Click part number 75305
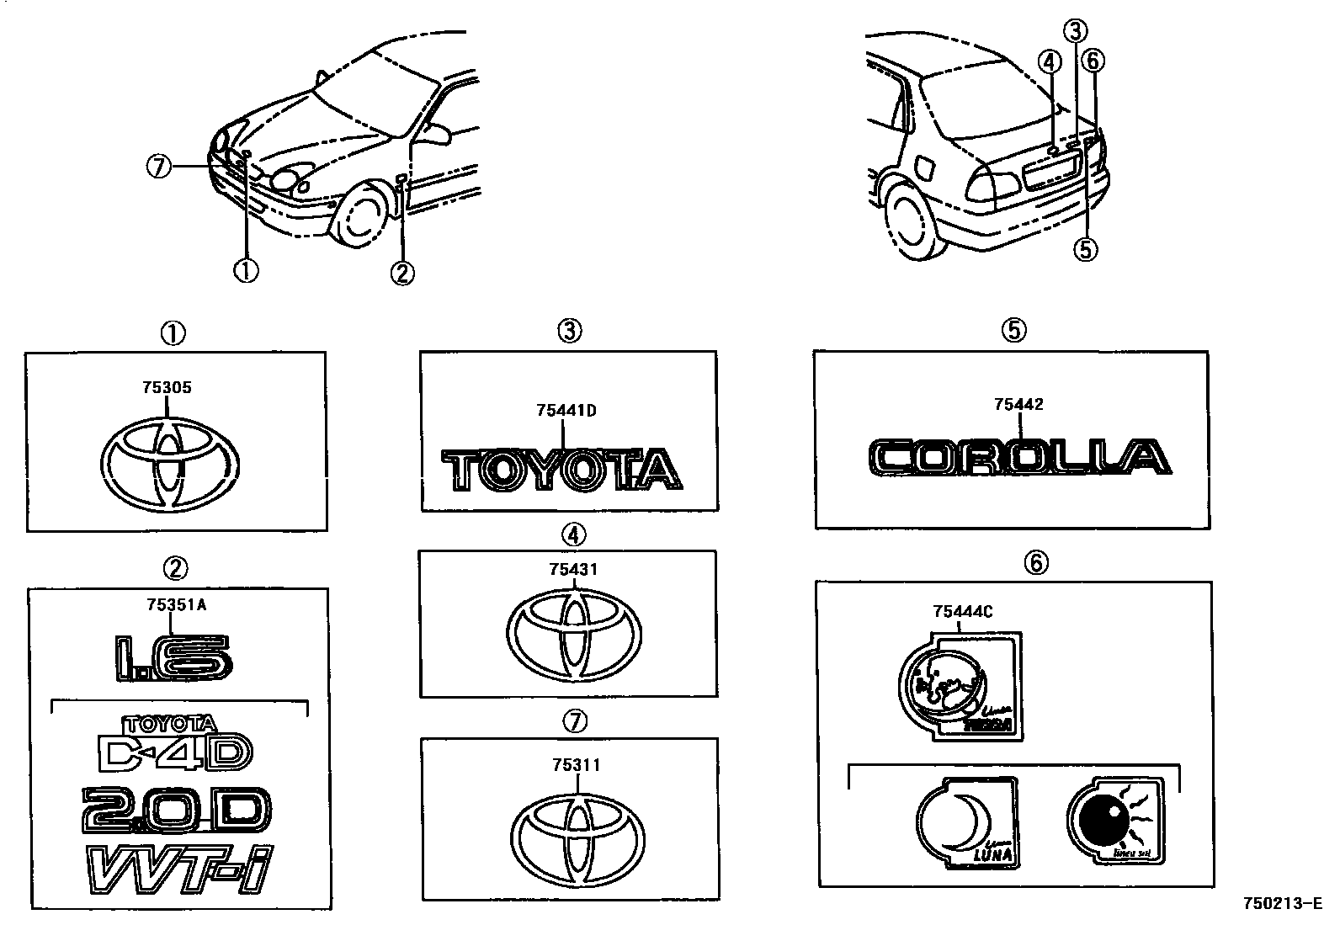167,388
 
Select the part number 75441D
566,411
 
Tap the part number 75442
1018,405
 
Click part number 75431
573,570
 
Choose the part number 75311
576,765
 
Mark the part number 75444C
962,612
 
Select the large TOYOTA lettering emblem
562,469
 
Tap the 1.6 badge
173,657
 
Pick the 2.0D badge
176,810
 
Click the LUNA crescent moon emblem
965,822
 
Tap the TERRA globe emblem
960,686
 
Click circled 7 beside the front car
157,167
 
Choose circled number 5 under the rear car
1087,249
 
